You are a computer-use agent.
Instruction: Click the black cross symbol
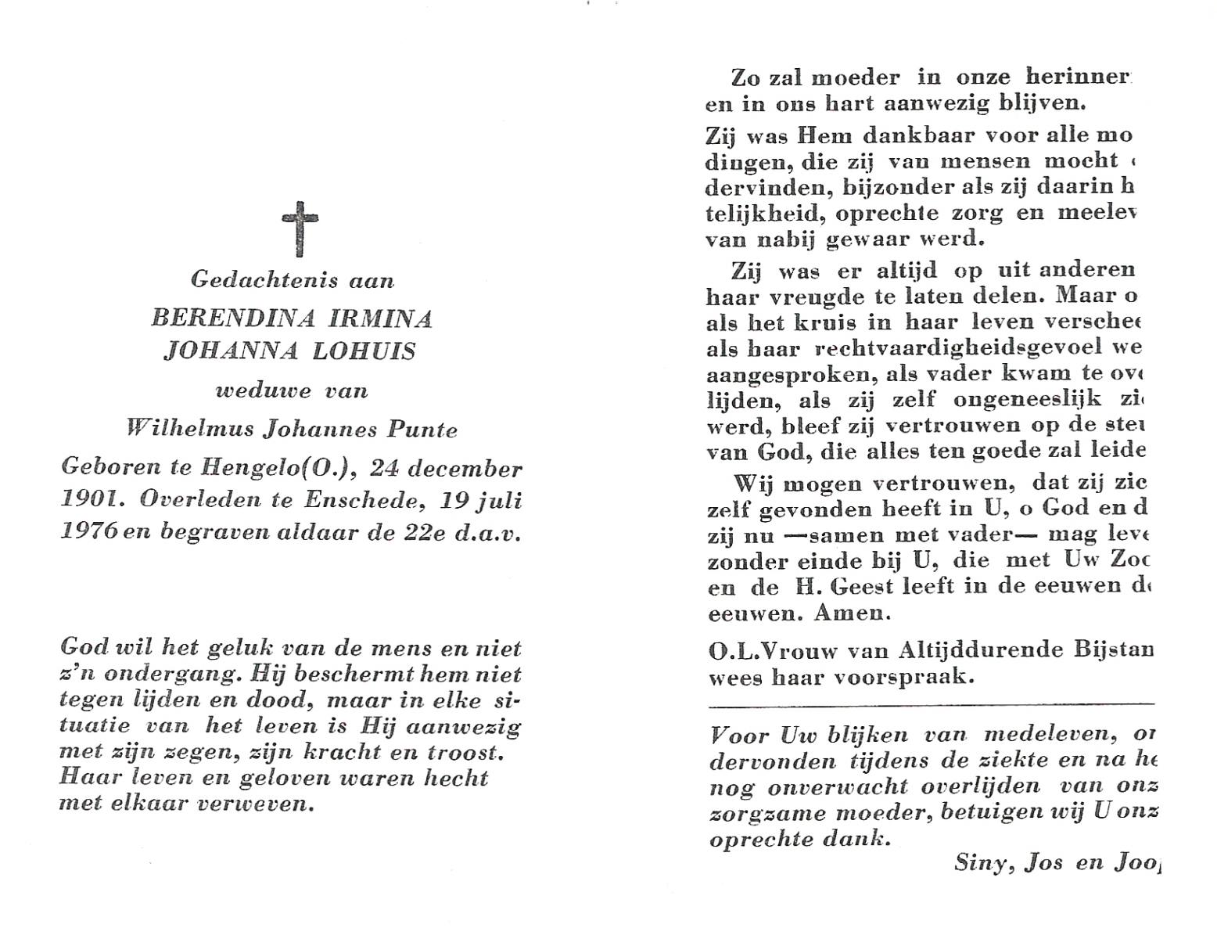pos(300,228)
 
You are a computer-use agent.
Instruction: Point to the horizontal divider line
pos(931,706)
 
